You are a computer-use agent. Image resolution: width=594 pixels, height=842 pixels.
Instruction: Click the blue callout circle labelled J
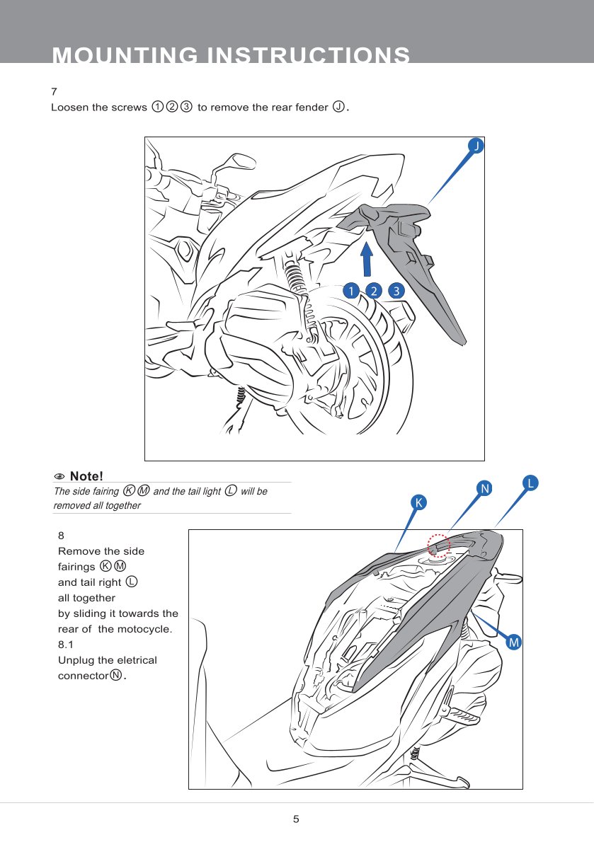(477, 145)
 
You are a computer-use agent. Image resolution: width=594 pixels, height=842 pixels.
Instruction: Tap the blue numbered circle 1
(349, 291)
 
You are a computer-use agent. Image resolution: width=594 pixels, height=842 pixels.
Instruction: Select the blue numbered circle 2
(373, 291)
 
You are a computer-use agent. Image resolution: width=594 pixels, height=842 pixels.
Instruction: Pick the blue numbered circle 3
(397, 291)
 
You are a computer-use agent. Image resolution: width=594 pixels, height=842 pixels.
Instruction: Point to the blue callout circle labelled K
(419, 502)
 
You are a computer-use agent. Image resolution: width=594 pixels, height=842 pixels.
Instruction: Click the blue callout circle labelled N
(484, 489)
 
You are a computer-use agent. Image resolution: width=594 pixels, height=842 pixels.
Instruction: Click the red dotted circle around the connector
(438, 546)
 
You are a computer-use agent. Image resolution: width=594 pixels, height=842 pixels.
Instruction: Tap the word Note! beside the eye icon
(87, 474)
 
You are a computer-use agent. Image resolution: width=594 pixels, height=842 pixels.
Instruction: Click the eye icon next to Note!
(60, 475)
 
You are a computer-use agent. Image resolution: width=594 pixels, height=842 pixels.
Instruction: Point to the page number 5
(297, 819)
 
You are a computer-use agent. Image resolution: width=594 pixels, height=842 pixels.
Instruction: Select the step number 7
(54, 93)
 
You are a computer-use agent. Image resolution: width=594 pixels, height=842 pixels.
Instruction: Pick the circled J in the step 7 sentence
(339, 108)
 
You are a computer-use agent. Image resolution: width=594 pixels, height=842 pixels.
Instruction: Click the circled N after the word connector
(115, 675)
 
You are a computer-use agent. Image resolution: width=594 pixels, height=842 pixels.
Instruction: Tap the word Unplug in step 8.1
(76, 660)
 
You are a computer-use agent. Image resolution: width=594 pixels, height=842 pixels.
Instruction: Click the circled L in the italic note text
(230, 491)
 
